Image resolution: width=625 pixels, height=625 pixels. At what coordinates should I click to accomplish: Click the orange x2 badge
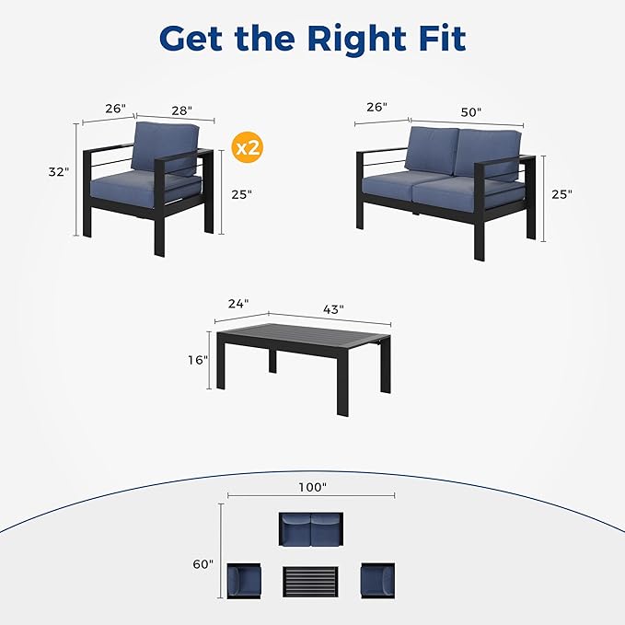coord(247,148)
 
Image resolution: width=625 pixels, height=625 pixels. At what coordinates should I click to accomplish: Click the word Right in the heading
coord(356,40)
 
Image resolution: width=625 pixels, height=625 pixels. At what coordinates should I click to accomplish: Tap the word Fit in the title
coord(443,39)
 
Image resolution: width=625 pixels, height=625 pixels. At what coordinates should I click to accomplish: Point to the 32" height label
coord(59,172)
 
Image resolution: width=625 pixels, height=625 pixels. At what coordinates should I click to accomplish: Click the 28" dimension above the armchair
coord(181,110)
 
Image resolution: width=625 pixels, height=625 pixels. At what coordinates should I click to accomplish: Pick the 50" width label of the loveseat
coord(471,112)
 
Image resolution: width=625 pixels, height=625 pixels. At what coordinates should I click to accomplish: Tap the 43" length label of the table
coord(333,309)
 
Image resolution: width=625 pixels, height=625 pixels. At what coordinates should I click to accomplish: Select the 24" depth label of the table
coord(238,304)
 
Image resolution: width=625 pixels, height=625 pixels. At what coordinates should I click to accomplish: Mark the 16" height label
coord(198,360)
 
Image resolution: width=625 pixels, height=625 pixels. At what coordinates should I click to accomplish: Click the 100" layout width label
coord(313,487)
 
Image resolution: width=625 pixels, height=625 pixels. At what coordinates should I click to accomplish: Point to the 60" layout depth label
coord(203,564)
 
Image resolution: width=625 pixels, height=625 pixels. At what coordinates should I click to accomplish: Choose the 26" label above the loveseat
coord(376,107)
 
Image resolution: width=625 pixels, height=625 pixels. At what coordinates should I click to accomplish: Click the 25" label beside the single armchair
coord(241,194)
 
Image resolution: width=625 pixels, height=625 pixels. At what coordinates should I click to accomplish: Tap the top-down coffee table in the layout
coord(310,582)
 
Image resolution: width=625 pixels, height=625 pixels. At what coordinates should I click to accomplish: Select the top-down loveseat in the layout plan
coord(311,529)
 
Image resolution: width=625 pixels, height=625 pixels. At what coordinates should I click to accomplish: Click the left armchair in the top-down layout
coord(244,581)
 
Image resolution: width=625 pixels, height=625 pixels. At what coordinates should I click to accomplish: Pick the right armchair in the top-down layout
coord(378,580)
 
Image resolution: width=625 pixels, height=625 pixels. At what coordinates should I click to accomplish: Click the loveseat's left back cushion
coord(432,150)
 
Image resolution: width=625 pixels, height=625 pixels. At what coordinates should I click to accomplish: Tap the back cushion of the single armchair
coord(165,147)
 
